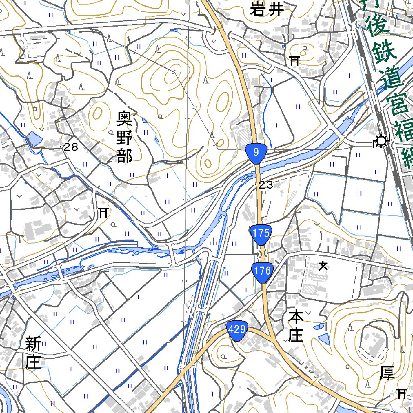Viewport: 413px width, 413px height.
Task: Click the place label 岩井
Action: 267,9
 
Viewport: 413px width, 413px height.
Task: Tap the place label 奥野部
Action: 125,137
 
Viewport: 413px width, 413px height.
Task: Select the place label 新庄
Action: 33,353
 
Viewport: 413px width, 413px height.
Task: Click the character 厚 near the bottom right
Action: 387,373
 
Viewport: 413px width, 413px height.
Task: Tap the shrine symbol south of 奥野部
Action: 103,213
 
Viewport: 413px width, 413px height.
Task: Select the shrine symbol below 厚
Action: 401,394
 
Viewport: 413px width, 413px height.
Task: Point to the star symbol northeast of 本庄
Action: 323,266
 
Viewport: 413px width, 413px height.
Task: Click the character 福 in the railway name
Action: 405,129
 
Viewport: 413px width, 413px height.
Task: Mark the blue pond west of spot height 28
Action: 34,140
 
